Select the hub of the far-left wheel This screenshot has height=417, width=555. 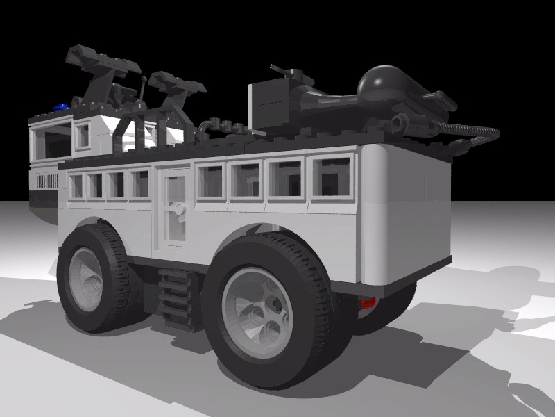click(87, 279)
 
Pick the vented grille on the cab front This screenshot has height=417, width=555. click(46, 181)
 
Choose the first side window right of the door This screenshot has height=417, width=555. click(210, 179)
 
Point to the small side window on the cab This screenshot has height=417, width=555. click(83, 136)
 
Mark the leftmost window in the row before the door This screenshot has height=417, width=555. click(76, 186)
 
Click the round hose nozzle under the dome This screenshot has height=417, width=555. click(398, 124)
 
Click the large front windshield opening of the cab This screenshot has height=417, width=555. click(51, 142)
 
